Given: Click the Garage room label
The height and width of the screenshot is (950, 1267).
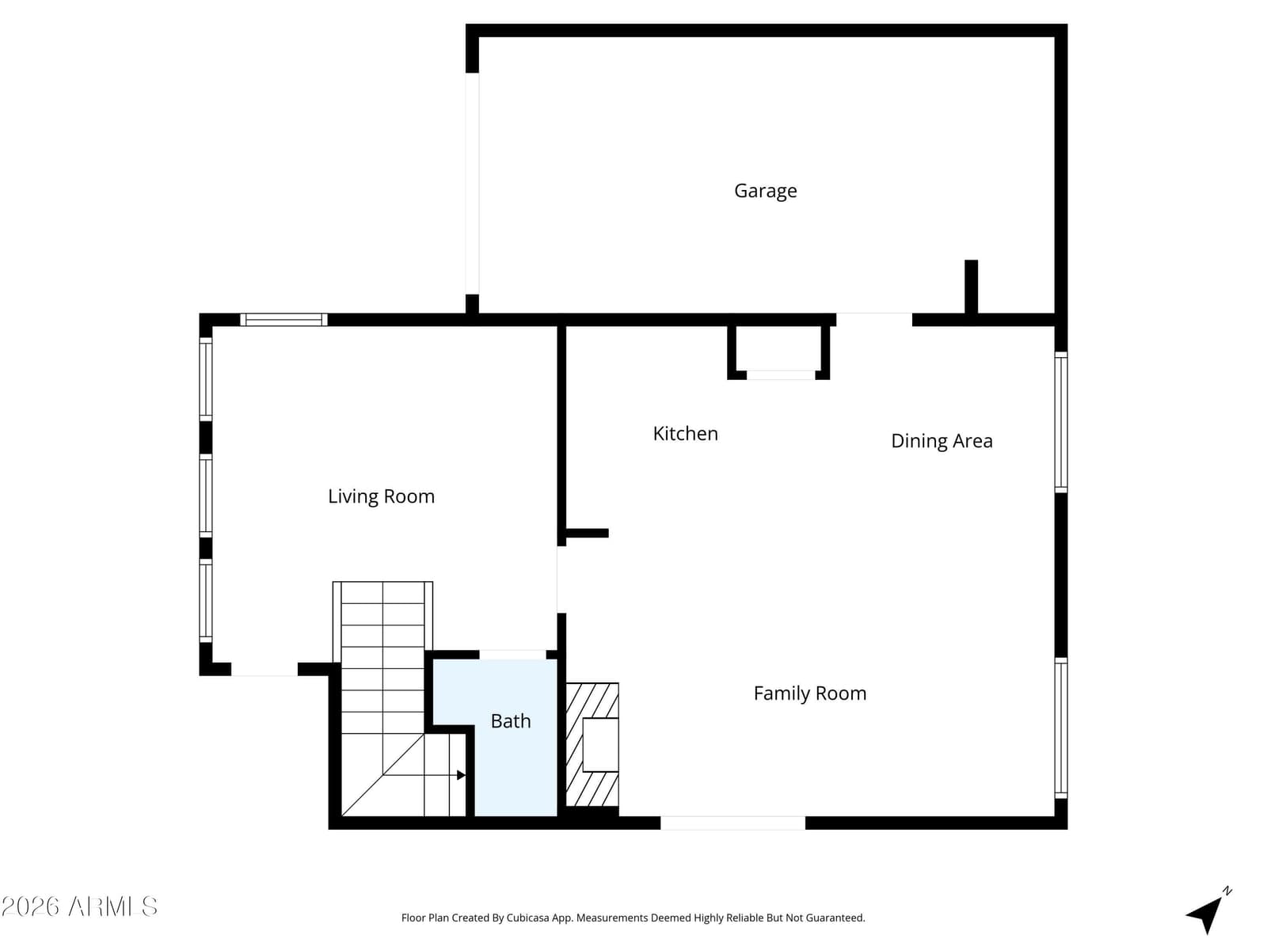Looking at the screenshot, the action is coord(765,191).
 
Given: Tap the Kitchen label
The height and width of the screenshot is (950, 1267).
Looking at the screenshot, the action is coord(685,433).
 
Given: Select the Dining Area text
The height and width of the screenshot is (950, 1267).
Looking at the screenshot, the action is coord(942,441).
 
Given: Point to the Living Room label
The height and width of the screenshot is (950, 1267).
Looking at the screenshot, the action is coord(381,496).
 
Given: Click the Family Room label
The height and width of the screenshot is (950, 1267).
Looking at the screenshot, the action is coord(810,693).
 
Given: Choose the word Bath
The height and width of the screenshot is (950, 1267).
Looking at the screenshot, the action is coord(510,721).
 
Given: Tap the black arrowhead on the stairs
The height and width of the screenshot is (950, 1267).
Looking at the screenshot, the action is coord(461,775).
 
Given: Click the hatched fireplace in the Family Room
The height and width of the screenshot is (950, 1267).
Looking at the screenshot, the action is coord(592,744).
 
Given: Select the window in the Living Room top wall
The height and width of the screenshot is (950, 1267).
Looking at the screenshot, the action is coord(283,320).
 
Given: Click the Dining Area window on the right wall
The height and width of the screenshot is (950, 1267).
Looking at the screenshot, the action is coord(1061,422).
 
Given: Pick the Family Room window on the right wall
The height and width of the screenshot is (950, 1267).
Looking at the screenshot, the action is coord(1061,728).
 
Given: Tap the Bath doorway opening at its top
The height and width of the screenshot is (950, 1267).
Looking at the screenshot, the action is coord(512,654).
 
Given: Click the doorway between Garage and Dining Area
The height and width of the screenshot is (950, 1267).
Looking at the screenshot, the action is coord(874,320).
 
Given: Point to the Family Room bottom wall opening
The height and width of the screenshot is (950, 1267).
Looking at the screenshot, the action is coord(732,823).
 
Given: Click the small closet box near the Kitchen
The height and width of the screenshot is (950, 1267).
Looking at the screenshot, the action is coord(778,351).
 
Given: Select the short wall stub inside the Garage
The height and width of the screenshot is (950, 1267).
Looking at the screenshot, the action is coord(971,287).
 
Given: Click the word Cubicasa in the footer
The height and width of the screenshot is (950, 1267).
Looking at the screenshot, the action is coord(527,918).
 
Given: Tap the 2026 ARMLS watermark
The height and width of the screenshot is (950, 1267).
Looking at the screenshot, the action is coord(79,906).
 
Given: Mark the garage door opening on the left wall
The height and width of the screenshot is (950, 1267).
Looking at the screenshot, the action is coord(472,184).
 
